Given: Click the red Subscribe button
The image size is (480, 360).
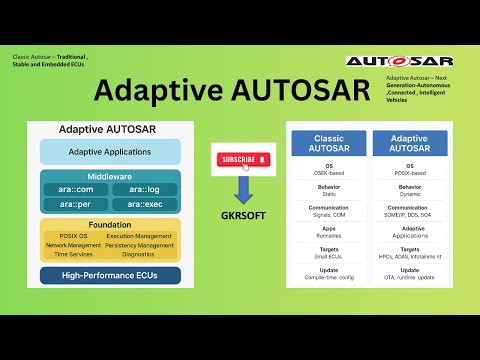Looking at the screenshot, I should [x=244, y=158].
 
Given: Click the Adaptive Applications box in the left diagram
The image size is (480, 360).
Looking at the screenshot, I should [x=110, y=151].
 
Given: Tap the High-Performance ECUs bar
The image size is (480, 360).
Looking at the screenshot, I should [x=110, y=274].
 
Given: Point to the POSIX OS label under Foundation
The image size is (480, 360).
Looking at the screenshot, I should [x=69, y=235].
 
